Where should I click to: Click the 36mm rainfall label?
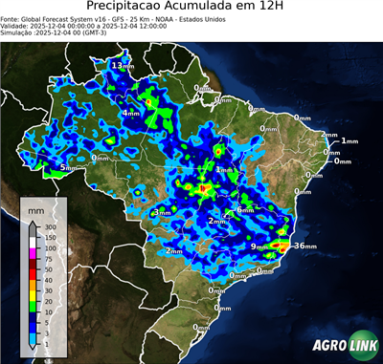(x=304, y=246)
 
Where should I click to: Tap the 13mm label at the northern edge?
(x=122, y=65)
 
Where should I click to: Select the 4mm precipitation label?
(x=128, y=113)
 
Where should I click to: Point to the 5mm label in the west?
(x=67, y=168)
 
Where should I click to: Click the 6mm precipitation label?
(x=244, y=210)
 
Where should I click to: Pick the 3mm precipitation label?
(x=162, y=212)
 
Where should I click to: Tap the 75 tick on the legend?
(x=49, y=258)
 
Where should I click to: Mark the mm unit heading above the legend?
(x=35, y=208)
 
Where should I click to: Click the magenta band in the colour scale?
(x=34, y=252)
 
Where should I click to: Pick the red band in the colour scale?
(x=34, y=273)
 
